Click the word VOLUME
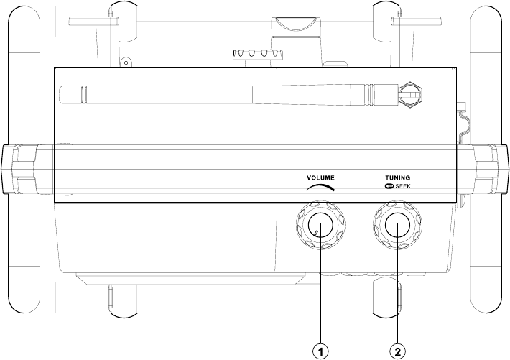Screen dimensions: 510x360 [x=320, y=177]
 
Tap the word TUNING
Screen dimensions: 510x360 [x=398, y=177]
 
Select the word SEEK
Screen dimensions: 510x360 [x=403, y=186]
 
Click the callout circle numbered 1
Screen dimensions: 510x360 [x=320, y=351]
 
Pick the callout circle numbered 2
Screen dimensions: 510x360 [x=398, y=351]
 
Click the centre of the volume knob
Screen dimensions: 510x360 [x=320, y=225]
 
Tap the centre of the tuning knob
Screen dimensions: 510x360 [x=398, y=225]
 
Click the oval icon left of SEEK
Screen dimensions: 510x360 [x=389, y=186]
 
